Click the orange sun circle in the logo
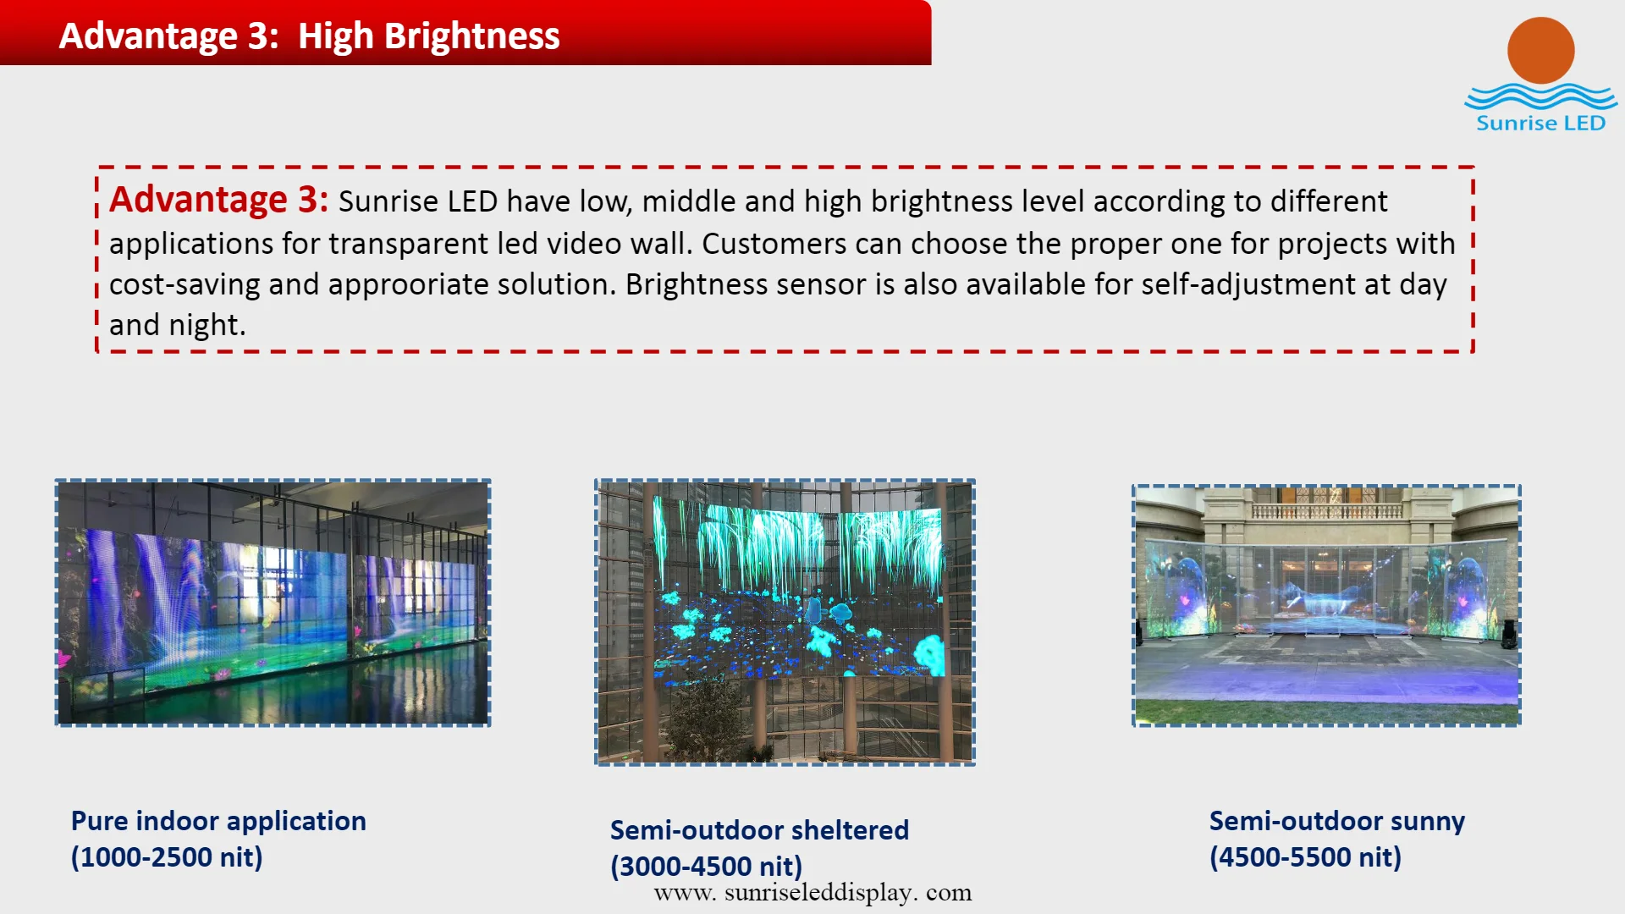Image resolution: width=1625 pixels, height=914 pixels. click(x=1540, y=50)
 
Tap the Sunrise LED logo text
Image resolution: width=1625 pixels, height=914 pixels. click(x=1540, y=124)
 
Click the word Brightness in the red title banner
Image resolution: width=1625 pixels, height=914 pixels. click(x=471, y=36)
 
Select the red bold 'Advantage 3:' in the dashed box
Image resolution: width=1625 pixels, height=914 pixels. click(x=218, y=200)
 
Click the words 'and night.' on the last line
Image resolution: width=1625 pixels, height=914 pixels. click(x=178, y=325)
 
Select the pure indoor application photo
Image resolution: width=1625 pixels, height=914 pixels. click(x=273, y=603)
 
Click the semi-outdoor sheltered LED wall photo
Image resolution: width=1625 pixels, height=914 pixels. click(x=785, y=622)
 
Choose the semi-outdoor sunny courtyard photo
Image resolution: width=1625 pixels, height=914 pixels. click(x=1326, y=605)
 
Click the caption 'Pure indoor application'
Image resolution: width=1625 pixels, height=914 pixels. click(x=218, y=821)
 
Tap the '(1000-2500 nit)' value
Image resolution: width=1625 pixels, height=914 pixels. click(x=167, y=857)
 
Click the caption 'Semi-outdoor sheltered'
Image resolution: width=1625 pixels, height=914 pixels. click(x=759, y=830)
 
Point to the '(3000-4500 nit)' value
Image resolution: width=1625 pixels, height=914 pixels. click(x=706, y=867)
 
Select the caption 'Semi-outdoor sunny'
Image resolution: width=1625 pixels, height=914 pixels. click(x=1337, y=821)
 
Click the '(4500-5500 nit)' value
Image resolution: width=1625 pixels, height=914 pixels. click(x=1305, y=857)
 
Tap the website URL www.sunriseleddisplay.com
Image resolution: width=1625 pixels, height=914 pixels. click(x=812, y=893)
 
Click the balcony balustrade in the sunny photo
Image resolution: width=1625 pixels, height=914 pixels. click(x=1326, y=511)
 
